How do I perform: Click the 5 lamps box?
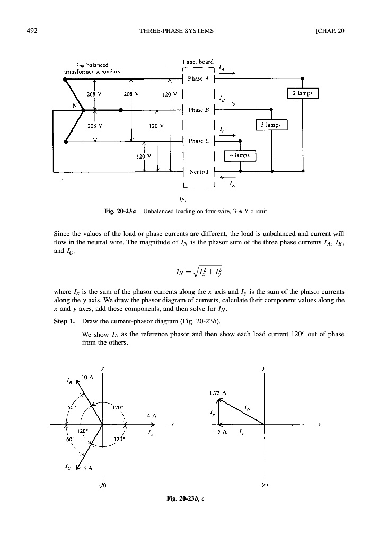(x=271, y=125)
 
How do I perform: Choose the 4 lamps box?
(x=240, y=155)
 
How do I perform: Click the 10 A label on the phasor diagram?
(x=87, y=378)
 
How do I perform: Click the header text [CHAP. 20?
(x=329, y=30)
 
